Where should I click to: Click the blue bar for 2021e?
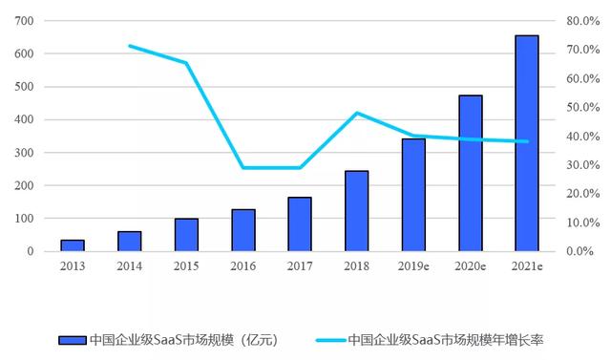click(x=526, y=143)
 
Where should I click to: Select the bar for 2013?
click(x=73, y=245)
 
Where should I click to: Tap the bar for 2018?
click(x=356, y=211)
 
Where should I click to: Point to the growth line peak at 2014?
click(x=130, y=46)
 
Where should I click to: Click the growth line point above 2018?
click(x=356, y=113)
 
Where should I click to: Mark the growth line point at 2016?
click(x=243, y=168)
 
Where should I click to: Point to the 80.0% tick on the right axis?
click(x=580, y=21)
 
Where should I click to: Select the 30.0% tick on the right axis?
click(x=580, y=165)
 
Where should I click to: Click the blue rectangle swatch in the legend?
click(x=72, y=340)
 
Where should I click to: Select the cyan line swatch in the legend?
click(x=317, y=340)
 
